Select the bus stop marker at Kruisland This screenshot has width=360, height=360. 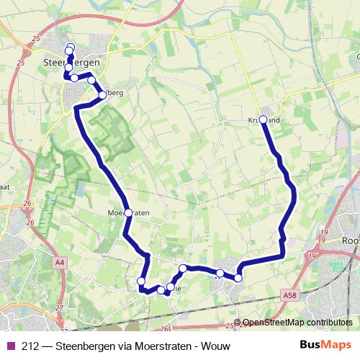[x=263, y=120]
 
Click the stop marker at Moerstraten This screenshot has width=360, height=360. [x=128, y=212]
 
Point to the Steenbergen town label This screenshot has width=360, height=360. [x=71, y=63]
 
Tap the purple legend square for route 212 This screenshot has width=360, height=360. [x=10, y=345]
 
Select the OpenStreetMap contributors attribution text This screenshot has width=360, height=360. [x=297, y=323]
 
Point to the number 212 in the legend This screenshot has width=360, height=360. [x=30, y=345]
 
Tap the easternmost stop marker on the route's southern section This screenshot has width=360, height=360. [x=238, y=277]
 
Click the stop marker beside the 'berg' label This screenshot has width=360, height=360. [x=102, y=94]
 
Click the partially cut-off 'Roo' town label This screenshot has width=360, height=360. [x=351, y=241]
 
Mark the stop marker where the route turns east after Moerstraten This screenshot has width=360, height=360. [x=141, y=281]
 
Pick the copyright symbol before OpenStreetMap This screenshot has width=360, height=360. [x=238, y=323]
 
